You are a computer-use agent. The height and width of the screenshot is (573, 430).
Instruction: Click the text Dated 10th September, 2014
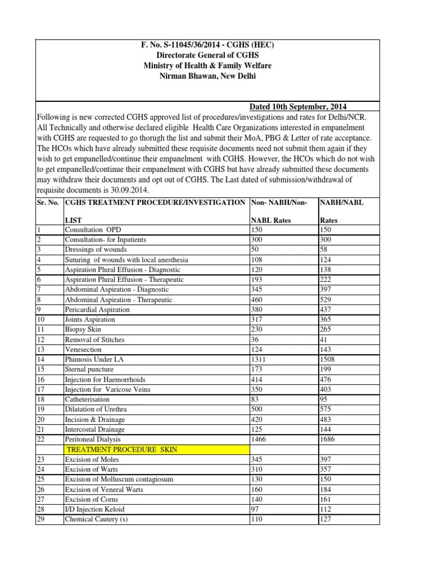click(x=300, y=107)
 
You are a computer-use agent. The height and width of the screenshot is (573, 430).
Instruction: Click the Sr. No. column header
click(x=48, y=201)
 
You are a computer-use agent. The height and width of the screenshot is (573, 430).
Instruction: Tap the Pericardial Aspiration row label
click(x=97, y=309)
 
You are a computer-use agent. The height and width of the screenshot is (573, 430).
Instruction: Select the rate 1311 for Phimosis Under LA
click(x=259, y=359)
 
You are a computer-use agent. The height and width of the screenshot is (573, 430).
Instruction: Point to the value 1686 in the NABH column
click(x=328, y=439)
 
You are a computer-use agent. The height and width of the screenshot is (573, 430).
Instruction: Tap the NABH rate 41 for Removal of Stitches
click(x=324, y=339)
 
